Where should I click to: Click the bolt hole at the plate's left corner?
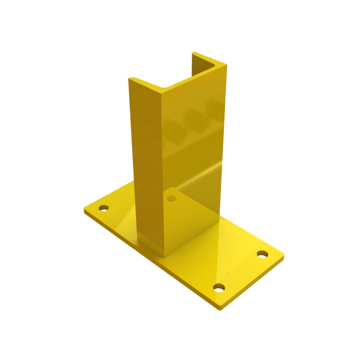coord(103,208)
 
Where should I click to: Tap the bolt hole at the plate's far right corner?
coord(262,254)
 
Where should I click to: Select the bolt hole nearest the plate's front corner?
coord(219,288)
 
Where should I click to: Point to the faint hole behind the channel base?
coord(172,199)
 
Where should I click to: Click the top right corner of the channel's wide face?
coord(226,66)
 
